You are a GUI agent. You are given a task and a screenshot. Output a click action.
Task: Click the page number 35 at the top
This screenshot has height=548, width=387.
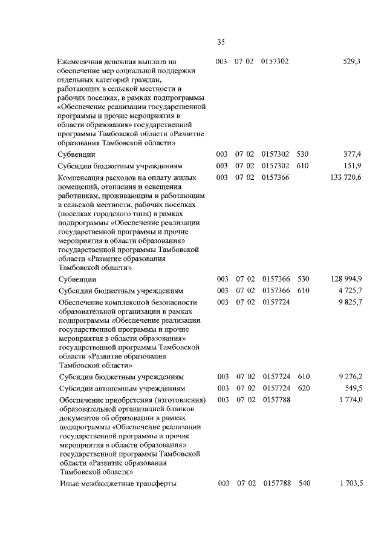click(221, 42)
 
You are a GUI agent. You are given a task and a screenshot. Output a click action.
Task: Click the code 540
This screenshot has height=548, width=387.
click(304, 483)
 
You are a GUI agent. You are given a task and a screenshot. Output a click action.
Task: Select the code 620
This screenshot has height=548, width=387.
click(304, 388)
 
